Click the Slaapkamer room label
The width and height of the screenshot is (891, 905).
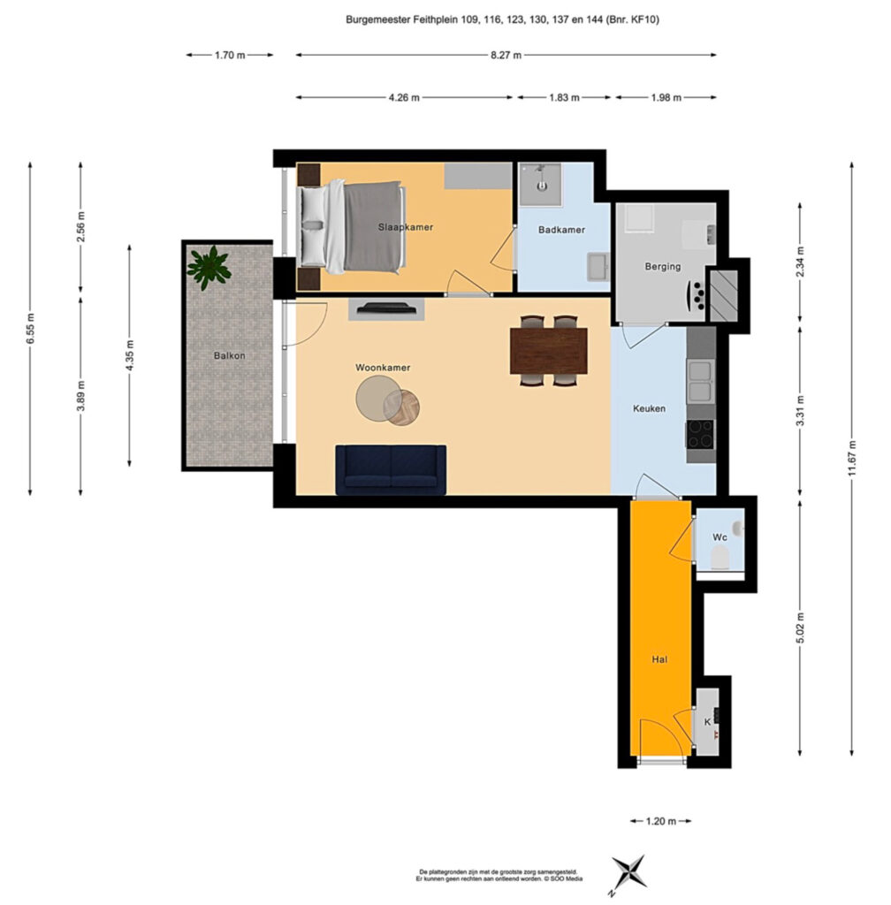[405, 227]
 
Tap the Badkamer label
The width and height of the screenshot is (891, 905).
[561, 230]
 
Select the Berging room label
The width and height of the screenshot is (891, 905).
[662, 267]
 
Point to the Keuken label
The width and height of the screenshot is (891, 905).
[649, 408]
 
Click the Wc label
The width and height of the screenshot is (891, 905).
[720, 537]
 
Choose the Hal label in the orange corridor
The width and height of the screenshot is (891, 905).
[659, 659]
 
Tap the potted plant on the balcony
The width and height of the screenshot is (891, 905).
[209, 268]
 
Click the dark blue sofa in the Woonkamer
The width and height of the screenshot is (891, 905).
[391, 470]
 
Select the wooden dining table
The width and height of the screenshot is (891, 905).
[549, 350]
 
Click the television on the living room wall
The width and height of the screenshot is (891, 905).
[386, 308]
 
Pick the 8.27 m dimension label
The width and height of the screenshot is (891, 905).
[506, 56]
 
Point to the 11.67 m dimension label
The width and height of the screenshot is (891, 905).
[852, 459]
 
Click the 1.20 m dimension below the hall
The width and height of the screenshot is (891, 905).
[661, 821]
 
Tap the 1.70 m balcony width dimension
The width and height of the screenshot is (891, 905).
[230, 56]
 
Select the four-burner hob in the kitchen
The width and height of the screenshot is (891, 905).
[700, 434]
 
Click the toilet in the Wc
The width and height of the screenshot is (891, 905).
[720, 558]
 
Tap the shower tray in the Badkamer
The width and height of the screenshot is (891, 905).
[540, 184]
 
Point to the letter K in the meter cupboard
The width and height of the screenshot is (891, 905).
[707, 722]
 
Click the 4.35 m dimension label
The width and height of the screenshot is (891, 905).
[129, 355]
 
